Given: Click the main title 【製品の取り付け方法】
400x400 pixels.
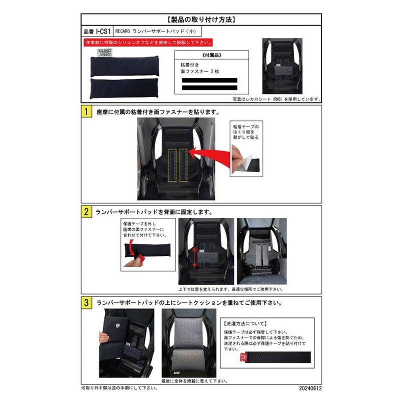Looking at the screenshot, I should pos(200,20).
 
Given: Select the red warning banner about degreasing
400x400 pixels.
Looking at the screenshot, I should pos(147,42).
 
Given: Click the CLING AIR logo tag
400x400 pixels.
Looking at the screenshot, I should pos(100,54).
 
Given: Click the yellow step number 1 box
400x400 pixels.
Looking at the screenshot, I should pos(86,112).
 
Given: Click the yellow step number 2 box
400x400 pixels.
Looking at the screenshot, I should pos(86,211).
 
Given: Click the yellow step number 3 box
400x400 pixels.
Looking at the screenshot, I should pos(86,302).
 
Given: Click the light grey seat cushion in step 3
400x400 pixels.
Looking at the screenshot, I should pos(186,345).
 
